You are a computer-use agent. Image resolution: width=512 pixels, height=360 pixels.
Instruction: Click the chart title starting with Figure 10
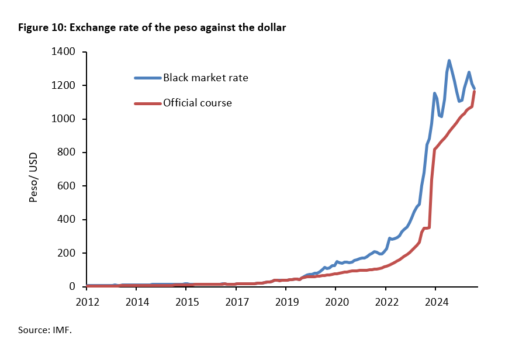(152, 27)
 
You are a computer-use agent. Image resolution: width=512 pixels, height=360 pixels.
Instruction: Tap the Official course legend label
(198, 103)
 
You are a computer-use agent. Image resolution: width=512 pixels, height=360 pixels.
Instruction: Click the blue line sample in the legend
(147, 78)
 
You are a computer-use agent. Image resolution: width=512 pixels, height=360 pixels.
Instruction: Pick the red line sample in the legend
(147, 103)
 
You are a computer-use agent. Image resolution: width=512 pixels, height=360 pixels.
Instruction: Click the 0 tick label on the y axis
(72, 287)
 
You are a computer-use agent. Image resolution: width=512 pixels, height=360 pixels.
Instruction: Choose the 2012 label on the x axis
(87, 302)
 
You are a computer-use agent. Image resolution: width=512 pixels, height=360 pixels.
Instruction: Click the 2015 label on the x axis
(186, 302)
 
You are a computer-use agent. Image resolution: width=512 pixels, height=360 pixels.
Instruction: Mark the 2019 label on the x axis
(286, 302)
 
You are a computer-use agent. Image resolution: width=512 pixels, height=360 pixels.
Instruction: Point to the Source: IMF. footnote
(44, 330)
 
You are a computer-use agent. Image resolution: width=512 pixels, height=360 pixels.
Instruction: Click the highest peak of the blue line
(449, 60)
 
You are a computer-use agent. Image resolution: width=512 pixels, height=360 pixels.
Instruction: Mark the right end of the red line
(474, 92)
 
